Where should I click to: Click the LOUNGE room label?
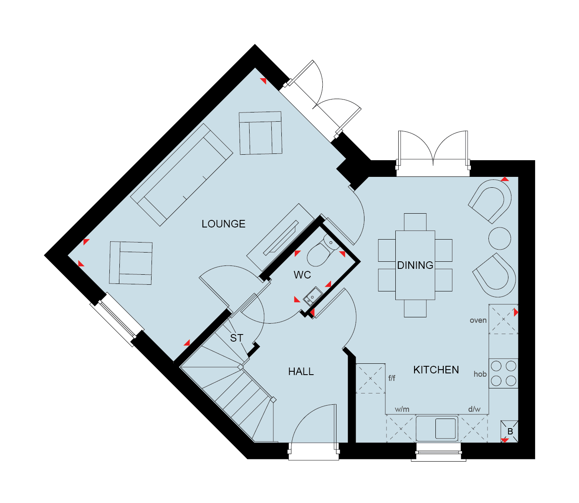(x=223, y=224)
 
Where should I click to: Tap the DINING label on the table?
(x=415, y=265)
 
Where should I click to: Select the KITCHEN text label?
(x=436, y=370)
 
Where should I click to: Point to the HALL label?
(x=301, y=372)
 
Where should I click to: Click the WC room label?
(x=302, y=275)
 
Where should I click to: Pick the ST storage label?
(x=237, y=338)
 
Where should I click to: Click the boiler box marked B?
(x=509, y=432)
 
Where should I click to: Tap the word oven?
(x=478, y=321)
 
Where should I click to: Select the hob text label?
(x=480, y=374)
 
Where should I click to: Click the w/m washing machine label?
(x=402, y=409)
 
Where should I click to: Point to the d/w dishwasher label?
(x=474, y=409)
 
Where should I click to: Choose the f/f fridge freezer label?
(x=392, y=378)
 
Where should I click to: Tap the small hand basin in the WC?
(x=313, y=296)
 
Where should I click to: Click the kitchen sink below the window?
(x=437, y=429)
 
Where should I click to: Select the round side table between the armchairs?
(x=500, y=238)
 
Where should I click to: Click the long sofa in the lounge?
(x=182, y=175)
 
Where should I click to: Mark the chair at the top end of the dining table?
(x=415, y=222)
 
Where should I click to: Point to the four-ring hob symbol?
(x=503, y=373)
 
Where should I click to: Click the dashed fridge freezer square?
(x=370, y=378)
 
